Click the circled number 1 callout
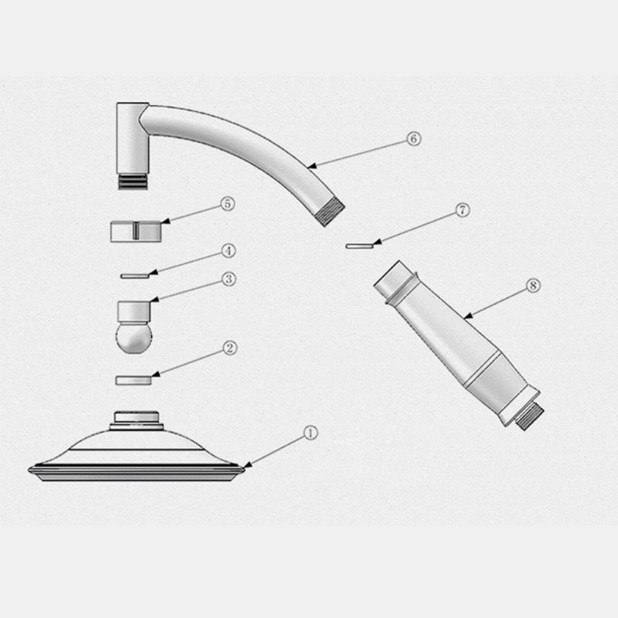[311, 433]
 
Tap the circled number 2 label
[229, 348]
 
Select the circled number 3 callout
[229, 279]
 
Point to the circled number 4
[228, 250]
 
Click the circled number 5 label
[227, 204]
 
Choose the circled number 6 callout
[413, 139]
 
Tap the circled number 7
[463, 209]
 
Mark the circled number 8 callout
[533, 285]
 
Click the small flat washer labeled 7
[359, 246]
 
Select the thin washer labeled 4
[134, 277]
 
